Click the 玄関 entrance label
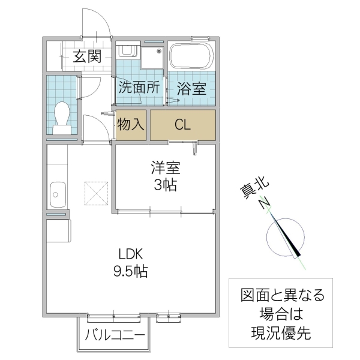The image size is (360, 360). pos(86,57)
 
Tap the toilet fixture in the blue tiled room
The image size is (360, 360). pos(61,116)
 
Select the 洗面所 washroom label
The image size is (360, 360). pos(138,87)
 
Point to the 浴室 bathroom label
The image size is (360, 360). pos(191,88)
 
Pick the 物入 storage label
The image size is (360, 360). pos(130,125)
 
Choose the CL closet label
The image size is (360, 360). pos(182,125)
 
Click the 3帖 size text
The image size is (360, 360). pos(164,185)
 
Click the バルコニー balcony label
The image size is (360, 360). pos(114,335)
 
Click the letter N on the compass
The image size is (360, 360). pos(263,205)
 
